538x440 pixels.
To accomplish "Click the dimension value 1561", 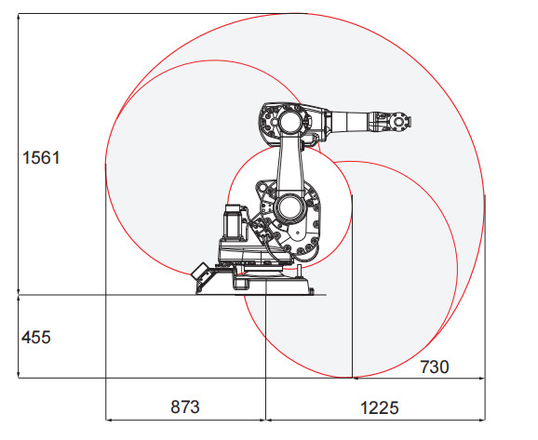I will (x=41, y=158).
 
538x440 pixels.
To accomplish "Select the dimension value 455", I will (x=36, y=337).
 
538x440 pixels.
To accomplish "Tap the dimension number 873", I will (x=184, y=407).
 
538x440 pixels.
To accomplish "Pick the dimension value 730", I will (x=434, y=367).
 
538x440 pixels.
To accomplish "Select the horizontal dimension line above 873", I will (x=184, y=419).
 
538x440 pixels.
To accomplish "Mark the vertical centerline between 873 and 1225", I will (x=265, y=372).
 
